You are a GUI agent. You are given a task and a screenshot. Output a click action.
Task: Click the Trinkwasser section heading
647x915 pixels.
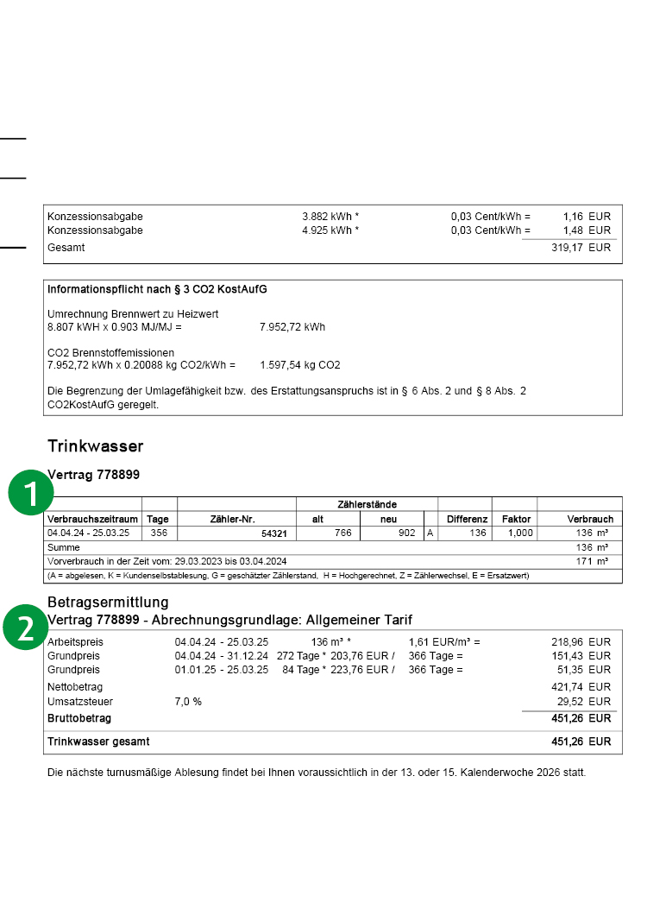[95, 446]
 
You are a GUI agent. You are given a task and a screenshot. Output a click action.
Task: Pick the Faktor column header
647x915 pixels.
[516, 520]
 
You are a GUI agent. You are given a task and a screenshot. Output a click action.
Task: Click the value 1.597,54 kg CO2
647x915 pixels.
[300, 365]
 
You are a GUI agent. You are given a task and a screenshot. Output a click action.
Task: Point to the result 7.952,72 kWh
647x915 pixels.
[292, 327]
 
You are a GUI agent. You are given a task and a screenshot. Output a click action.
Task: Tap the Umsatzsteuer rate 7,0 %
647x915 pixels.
[188, 702]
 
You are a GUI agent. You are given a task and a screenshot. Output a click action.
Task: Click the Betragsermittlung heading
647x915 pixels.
[108, 602]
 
